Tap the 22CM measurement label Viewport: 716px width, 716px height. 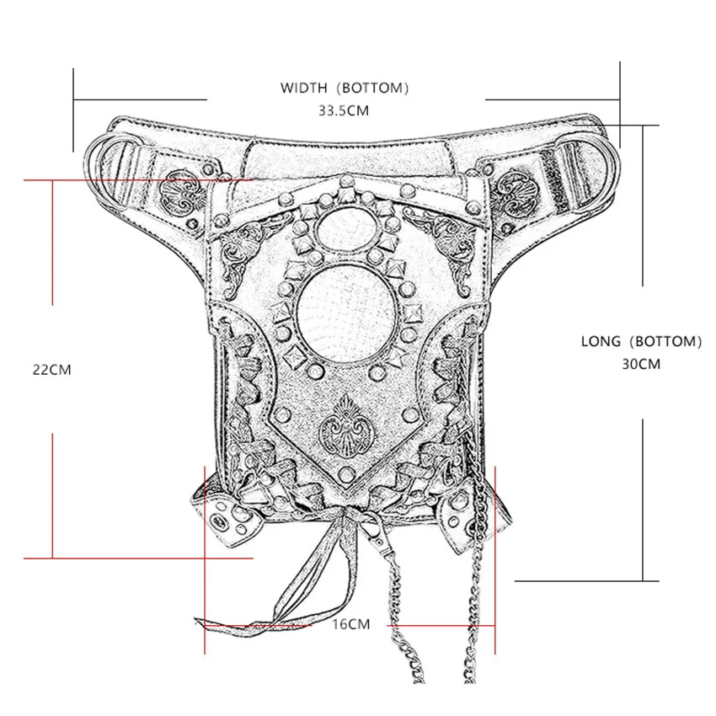point(51,369)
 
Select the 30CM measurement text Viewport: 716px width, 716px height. point(641,364)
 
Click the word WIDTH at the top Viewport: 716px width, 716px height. point(307,88)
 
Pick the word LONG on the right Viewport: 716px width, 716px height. point(601,341)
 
